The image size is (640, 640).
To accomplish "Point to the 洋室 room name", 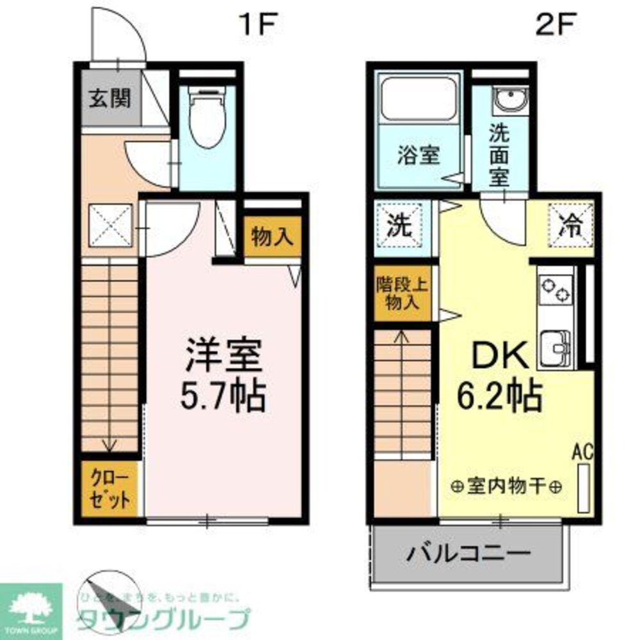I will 223,356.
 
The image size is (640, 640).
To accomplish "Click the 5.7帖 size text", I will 223,396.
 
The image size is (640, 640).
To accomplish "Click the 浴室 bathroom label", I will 419,156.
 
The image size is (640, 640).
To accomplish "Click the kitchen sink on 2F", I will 554,348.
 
